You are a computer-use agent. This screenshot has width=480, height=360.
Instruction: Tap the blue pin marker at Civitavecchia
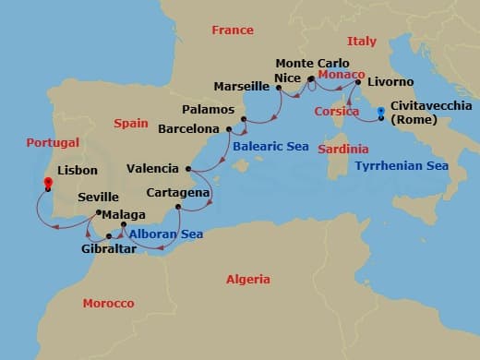click(380, 114)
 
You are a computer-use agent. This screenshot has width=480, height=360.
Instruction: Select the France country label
click(232, 30)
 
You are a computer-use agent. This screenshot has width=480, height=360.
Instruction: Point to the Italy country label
click(361, 42)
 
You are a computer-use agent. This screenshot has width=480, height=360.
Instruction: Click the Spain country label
click(131, 123)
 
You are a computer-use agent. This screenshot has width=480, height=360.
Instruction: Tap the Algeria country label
click(248, 279)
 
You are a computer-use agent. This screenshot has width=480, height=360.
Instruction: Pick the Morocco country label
click(108, 303)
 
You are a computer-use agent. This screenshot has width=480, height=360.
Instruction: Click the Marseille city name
click(241, 87)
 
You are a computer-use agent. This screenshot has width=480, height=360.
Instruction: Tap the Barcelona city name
click(187, 129)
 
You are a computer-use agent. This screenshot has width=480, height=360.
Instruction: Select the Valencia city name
click(153, 168)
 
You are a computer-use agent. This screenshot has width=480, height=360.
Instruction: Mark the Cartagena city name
click(177, 193)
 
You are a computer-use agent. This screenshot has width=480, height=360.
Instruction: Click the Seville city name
click(98, 197)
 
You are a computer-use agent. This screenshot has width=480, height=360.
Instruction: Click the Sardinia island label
click(342, 149)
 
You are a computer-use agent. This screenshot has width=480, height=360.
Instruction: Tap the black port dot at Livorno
click(357, 81)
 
